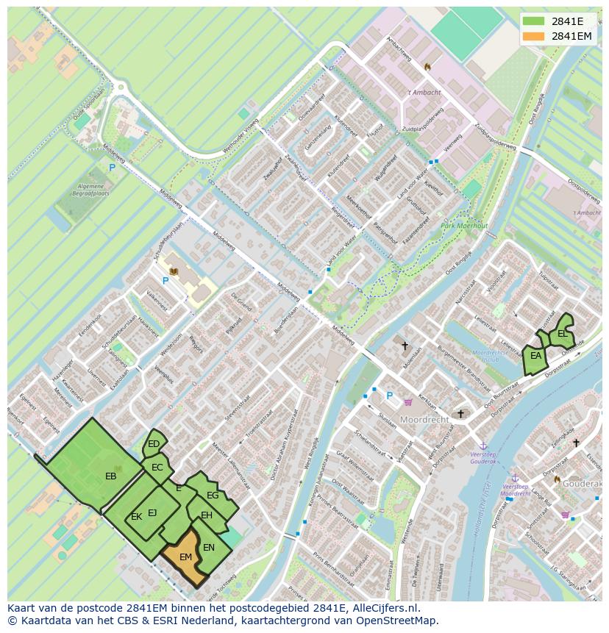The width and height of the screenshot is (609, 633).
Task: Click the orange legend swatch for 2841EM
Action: (x=534, y=36)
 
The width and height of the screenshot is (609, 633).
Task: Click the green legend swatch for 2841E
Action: (x=534, y=21)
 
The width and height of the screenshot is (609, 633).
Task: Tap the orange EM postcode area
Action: (x=185, y=557)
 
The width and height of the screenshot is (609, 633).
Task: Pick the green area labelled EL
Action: (x=563, y=333)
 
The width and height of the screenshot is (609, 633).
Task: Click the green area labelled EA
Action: (x=535, y=357)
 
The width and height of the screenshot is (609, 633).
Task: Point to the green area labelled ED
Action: (x=154, y=443)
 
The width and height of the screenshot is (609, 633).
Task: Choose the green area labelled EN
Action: (x=209, y=548)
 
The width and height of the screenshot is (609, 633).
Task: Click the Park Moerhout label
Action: (x=464, y=226)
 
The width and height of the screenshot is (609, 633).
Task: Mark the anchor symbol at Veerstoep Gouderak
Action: (x=483, y=446)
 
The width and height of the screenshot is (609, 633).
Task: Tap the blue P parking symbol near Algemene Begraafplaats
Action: (x=112, y=168)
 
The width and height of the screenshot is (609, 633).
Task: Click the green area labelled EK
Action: (x=136, y=517)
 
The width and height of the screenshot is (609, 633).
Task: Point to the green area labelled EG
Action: (x=213, y=496)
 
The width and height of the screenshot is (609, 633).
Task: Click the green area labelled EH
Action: (x=207, y=515)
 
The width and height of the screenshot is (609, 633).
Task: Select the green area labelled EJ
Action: (x=152, y=513)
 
